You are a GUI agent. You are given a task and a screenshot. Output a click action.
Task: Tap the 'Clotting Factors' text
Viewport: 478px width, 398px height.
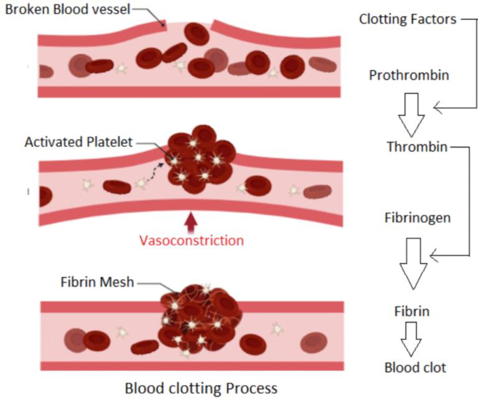(407, 19)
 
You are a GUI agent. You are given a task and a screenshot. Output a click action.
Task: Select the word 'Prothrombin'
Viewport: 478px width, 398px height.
(409, 75)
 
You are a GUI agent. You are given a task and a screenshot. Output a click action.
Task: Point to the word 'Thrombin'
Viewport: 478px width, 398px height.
(416, 148)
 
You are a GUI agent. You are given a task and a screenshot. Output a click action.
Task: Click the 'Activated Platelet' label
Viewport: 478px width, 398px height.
(78, 142)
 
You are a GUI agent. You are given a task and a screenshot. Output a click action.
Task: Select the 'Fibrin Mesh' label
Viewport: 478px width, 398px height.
(95, 282)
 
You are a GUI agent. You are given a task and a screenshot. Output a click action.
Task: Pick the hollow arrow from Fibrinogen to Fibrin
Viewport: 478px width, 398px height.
(411, 262)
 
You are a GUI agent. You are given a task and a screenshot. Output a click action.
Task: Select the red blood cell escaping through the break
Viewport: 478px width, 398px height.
(198, 34)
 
